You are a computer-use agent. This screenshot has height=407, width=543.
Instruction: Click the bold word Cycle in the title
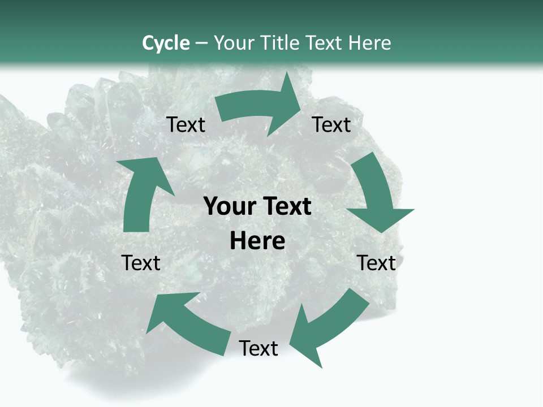click(x=166, y=43)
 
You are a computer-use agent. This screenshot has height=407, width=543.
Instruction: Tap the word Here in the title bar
click(x=370, y=43)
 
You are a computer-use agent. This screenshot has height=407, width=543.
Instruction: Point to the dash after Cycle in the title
click(x=201, y=44)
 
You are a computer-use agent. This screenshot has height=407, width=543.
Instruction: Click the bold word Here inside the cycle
click(x=257, y=241)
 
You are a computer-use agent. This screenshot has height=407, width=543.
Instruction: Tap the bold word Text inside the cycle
click(x=286, y=207)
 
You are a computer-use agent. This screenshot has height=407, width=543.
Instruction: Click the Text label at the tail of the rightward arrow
click(x=186, y=125)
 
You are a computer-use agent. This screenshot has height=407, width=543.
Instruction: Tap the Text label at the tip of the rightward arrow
click(x=331, y=125)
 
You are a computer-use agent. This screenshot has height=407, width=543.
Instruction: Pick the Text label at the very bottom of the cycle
click(x=258, y=349)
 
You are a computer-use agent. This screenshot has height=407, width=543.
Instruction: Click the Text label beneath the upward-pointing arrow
click(x=141, y=263)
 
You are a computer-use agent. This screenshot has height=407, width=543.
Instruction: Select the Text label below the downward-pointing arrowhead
click(x=377, y=263)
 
